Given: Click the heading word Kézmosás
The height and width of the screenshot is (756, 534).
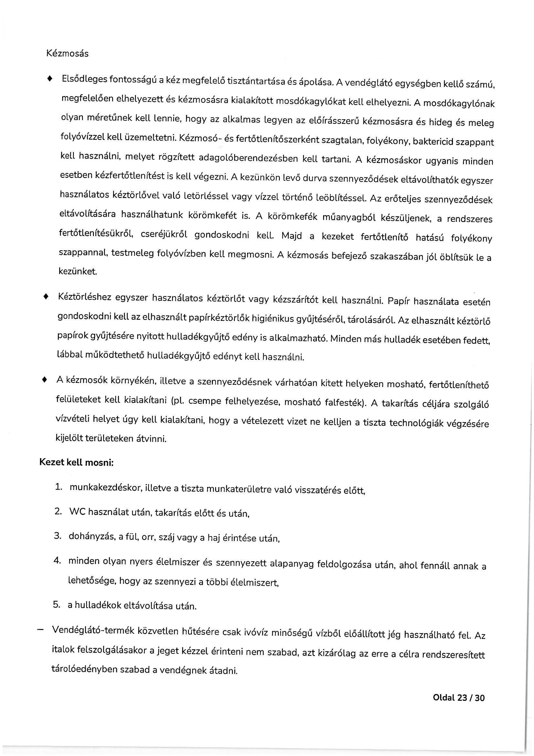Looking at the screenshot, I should coord(68,54).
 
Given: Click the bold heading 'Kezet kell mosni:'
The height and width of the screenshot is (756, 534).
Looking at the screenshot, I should coord(76,462).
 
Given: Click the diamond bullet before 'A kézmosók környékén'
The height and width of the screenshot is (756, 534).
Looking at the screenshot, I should coord(45,380).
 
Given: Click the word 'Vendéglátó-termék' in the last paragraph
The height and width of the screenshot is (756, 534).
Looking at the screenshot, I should coord(93,630).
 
